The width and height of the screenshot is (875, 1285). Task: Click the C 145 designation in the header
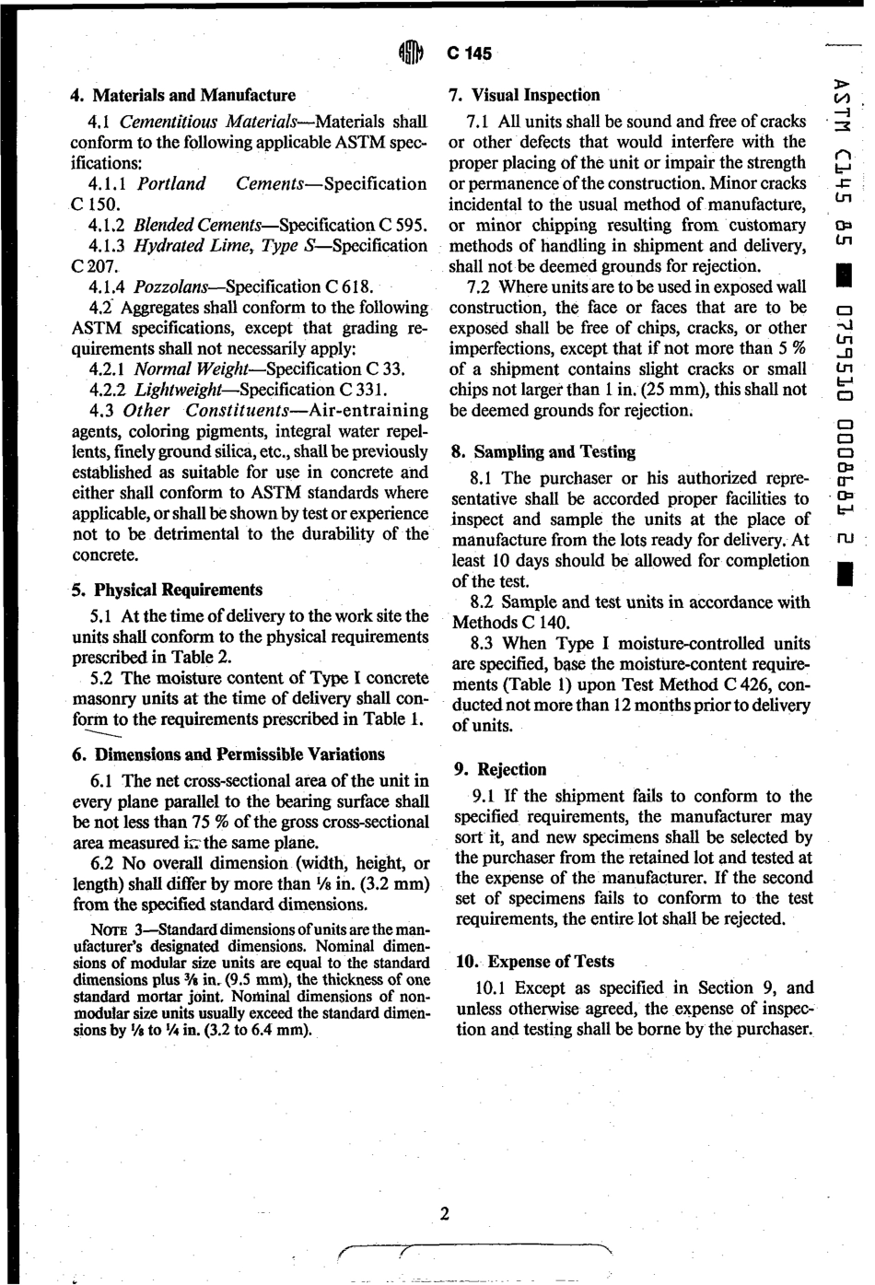coord(470,54)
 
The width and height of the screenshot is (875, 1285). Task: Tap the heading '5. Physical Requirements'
coord(167,590)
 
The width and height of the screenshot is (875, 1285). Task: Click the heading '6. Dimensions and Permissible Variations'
coord(228,755)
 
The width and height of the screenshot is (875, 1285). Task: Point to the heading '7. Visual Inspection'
coord(523,96)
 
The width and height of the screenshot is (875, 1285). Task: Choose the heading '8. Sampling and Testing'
coord(543,452)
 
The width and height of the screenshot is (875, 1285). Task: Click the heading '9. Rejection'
coord(500,770)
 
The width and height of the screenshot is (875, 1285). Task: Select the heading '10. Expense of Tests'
coord(535,962)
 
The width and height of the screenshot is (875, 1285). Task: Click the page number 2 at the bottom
coord(445,1214)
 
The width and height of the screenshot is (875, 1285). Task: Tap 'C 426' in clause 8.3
coord(748,685)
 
